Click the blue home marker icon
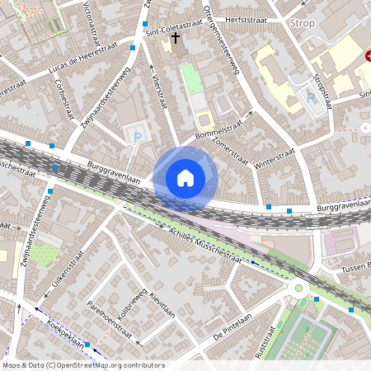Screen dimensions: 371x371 185,177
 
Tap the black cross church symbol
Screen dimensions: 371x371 176,38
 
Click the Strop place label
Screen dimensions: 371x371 303,23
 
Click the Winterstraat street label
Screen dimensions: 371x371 275,159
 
